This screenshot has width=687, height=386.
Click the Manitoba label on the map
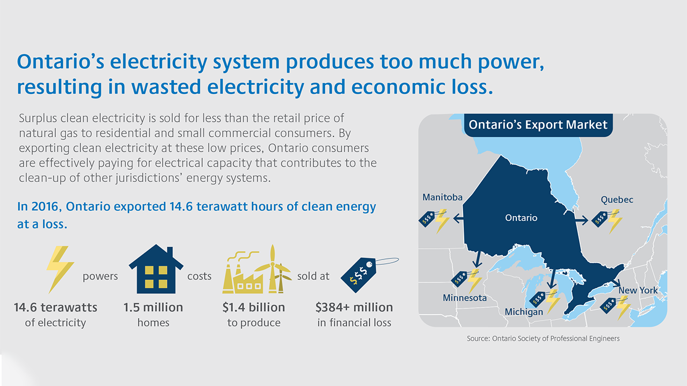tap(442, 197)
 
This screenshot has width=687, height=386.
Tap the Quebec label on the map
tap(617, 200)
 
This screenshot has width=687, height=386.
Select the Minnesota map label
tap(465, 298)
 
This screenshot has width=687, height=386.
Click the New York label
tap(638, 290)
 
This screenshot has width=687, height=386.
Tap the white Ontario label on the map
tap(521, 218)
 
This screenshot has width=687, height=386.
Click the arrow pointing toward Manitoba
tap(458, 219)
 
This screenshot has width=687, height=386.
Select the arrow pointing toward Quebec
tap(581, 220)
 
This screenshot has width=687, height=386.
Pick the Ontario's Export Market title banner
tap(538, 125)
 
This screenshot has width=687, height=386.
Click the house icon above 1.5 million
tap(156, 269)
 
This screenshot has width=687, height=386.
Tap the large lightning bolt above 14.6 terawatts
tap(60, 270)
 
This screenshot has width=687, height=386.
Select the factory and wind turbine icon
tap(257, 269)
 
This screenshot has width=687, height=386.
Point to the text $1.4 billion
tap(254, 307)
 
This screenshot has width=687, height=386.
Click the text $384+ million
tap(354, 307)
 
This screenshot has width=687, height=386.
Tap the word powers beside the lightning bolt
tap(100, 277)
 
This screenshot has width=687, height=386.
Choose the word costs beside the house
tap(199, 276)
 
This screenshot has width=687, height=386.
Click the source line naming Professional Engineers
tap(543, 338)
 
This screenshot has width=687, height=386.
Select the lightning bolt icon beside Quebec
tap(615, 221)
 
